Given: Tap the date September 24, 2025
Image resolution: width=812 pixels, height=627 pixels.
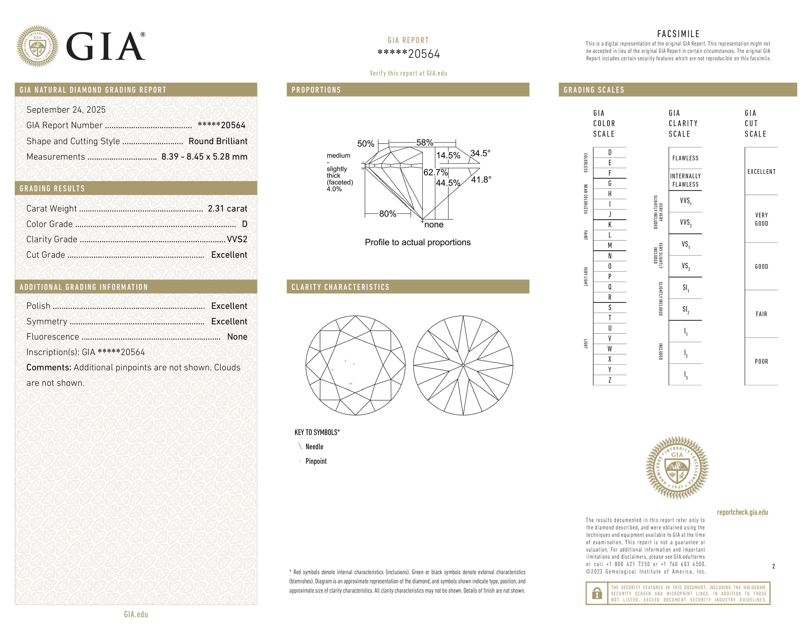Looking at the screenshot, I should [x=66, y=110].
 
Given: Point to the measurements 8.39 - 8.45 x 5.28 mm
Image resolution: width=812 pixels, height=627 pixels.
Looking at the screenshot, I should [x=204, y=157].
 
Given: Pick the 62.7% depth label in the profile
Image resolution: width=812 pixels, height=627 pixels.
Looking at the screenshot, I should [x=435, y=172].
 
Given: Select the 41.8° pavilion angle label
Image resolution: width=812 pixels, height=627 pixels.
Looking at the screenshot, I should [x=481, y=180].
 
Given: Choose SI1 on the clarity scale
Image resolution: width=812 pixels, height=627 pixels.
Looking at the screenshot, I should [x=685, y=288].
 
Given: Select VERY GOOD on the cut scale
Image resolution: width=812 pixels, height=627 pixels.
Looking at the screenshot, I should [x=761, y=219].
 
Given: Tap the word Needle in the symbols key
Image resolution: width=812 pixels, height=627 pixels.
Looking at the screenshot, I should [x=314, y=447].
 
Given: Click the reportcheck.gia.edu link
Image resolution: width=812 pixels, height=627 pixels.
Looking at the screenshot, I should [x=742, y=512].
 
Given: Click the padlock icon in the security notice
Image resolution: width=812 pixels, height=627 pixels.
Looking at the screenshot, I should [x=597, y=593].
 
